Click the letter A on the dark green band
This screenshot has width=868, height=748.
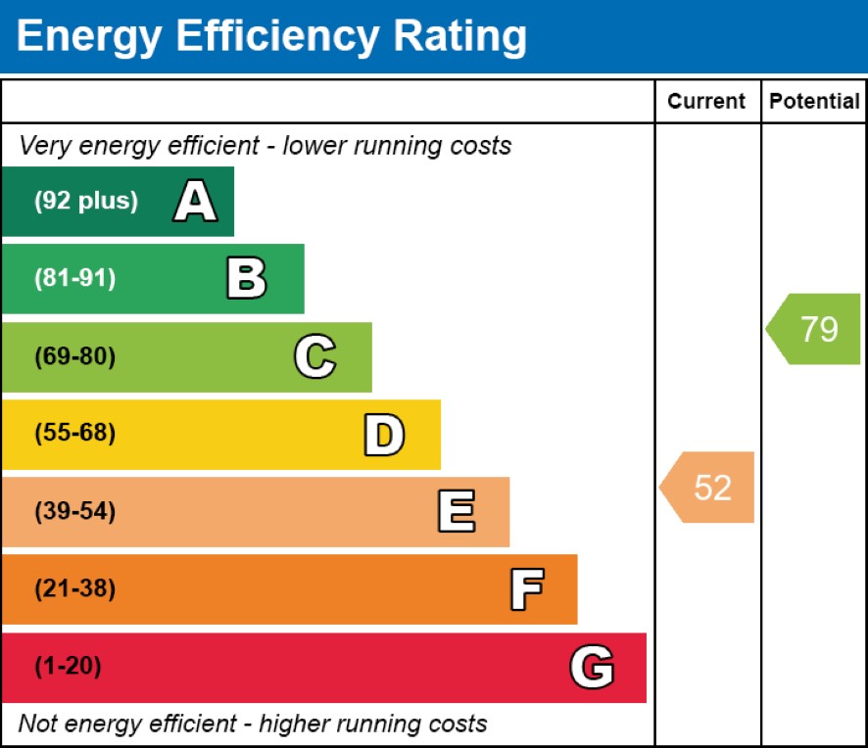[x=195, y=202]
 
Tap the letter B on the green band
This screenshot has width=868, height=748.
[x=246, y=279]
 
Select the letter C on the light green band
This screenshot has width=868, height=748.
[x=314, y=357]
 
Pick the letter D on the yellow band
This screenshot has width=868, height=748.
[x=384, y=435]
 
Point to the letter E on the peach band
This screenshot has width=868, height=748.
[x=456, y=512]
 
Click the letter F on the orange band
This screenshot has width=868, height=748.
[x=526, y=589]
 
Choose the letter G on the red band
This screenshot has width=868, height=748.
[x=592, y=668]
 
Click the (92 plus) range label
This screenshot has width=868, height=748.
[x=86, y=202]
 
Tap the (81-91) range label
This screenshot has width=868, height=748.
[x=75, y=279]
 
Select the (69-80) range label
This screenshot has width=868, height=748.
[x=75, y=357]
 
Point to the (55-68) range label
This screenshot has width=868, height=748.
[x=75, y=434]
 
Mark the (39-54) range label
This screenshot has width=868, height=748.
[x=75, y=512]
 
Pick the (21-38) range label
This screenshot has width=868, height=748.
[x=75, y=589]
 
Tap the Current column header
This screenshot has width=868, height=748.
[x=706, y=102]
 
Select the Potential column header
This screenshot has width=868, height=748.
[x=814, y=102]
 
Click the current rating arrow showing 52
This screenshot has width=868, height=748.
[x=708, y=487]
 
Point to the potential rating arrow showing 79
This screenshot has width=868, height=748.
[x=814, y=329]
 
